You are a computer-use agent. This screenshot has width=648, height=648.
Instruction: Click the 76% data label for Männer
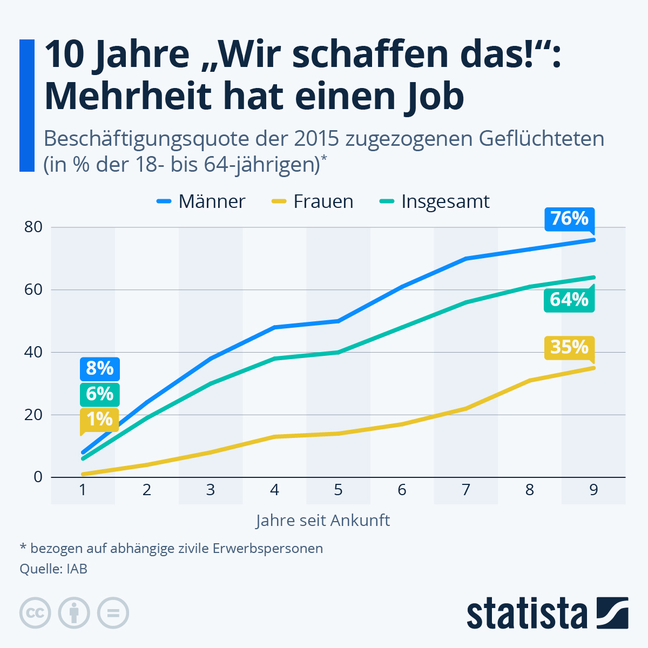569,219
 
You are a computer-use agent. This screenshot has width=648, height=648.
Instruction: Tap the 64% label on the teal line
569,299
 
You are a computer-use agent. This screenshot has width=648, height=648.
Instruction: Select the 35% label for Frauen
569,347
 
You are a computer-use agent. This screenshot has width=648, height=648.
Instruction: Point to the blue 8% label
100,369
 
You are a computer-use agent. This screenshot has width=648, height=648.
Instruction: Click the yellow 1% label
100,419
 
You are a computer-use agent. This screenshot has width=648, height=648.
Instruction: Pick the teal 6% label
100,394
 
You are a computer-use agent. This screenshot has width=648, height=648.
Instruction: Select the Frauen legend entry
313,201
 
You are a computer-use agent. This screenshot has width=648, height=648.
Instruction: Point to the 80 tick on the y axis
33,227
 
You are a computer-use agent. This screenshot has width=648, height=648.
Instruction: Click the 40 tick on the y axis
33,352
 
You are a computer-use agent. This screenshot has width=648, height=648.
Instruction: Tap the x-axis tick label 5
338,490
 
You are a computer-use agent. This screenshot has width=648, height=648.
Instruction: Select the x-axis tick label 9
593,490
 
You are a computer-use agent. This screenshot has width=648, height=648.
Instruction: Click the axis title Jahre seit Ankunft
323,521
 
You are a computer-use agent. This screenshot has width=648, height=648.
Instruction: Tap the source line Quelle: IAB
53,569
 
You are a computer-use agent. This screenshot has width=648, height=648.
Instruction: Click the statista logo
547,613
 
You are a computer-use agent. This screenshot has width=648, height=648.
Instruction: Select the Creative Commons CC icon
35,613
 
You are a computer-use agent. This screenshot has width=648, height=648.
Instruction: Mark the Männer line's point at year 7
466,259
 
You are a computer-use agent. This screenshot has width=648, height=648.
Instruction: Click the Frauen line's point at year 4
274,436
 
